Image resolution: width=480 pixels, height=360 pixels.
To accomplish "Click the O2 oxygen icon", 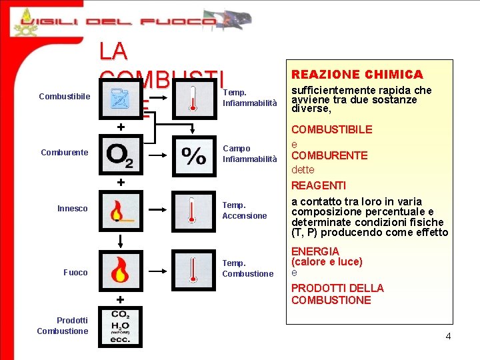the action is (x=120, y=155).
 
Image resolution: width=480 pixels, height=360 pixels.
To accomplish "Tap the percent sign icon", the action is (x=194, y=155).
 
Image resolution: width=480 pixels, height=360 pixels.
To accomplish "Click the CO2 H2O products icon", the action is (x=121, y=326).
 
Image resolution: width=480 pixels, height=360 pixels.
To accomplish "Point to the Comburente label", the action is (x=64, y=153).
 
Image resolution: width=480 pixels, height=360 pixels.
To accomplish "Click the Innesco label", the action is (x=72, y=209).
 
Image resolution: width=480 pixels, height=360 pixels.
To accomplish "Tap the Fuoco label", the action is (x=75, y=272).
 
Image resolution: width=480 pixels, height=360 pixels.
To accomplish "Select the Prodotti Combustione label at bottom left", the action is (x=63, y=326).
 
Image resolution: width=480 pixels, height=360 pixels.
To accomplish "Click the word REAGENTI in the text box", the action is (x=318, y=185).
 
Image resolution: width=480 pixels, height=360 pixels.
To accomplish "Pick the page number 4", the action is (x=448, y=336).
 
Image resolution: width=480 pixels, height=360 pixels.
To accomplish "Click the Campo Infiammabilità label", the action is (x=249, y=154).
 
